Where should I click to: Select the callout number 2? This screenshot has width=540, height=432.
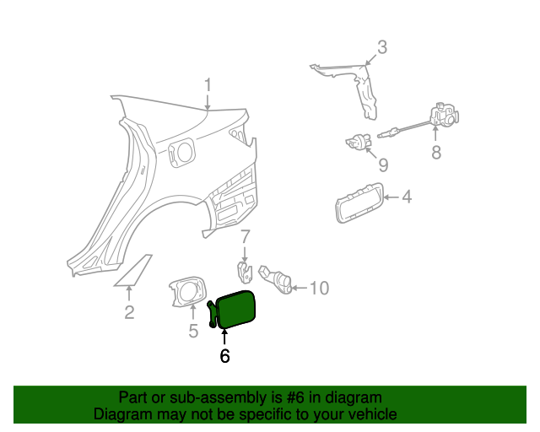tap(129, 313)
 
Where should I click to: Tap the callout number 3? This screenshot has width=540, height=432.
tap(381, 48)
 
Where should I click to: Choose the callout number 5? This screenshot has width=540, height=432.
tap(193, 331)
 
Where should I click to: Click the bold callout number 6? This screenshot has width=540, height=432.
tap(224, 356)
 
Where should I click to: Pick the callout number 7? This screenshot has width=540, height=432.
tap(245, 236)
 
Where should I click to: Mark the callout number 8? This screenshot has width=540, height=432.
tap(436, 153)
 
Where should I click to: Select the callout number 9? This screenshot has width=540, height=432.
tap(382, 165)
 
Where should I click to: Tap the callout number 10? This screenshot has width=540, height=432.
tap(318, 289)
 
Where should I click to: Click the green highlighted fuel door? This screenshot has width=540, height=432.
tap(236, 308)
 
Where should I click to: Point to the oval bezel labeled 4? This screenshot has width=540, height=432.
tap(359, 203)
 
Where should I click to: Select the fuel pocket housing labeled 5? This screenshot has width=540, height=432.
tap(189, 291)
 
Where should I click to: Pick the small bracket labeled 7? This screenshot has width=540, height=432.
tap(245, 271)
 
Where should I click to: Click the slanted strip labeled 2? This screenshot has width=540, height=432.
tap(133, 271)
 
